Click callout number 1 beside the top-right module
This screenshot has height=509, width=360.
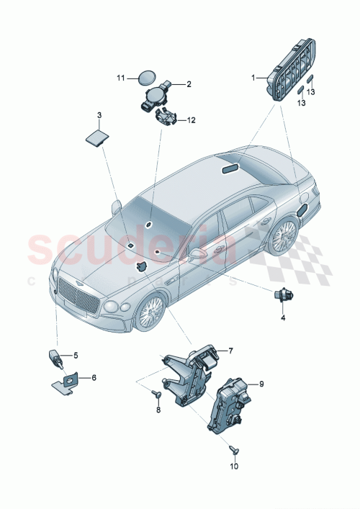tap(253, 77)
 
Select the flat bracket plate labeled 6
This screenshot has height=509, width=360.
tap(68, 382)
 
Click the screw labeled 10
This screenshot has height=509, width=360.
tap(234, 449)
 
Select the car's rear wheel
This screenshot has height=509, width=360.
tap(282, 235)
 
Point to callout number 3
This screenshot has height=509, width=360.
tap(99, 114)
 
